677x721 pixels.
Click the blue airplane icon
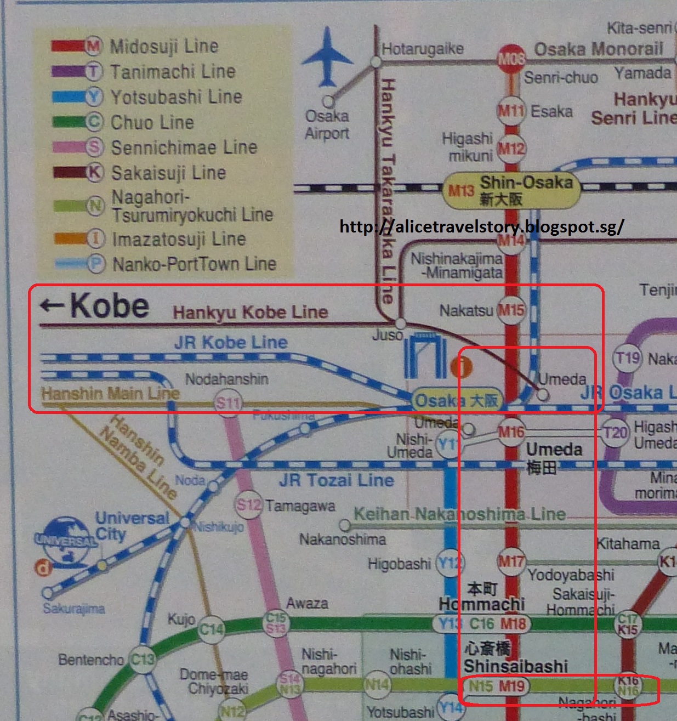coord(327,57)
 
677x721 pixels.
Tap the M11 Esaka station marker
coord(511,111)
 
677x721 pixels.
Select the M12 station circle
coord(511,148)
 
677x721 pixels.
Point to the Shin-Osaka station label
coord(511,190)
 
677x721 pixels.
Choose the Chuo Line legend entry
coord(123,122)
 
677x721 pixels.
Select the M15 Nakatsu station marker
coord(511,310)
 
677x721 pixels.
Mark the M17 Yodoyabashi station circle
coord(511,561)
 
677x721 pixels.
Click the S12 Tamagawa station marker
coord(248,504)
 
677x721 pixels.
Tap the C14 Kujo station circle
coord(211,629)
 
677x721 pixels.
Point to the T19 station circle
coord(627,359)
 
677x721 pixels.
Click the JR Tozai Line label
coord(336,481)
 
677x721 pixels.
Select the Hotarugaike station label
coord(423,49)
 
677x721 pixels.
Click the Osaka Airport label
coord(327,124)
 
